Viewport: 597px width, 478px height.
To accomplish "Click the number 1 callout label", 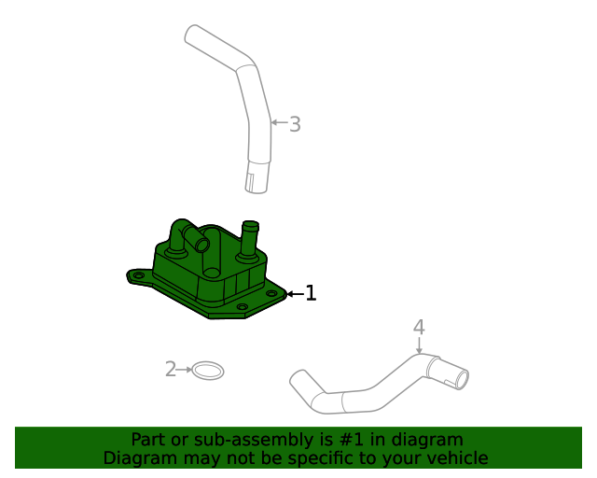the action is (311, 293).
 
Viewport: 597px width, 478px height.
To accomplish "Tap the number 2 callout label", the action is (170, 370).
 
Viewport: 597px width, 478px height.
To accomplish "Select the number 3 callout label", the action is (295, 123).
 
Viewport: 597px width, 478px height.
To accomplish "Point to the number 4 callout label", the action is (419, 327).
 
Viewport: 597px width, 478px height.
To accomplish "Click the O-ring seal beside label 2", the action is (208, 371).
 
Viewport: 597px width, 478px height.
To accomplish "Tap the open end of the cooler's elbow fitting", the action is (202, 244).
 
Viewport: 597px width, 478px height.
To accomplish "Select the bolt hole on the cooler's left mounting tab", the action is (139, 276).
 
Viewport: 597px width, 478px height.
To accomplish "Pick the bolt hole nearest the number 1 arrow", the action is (272, 293).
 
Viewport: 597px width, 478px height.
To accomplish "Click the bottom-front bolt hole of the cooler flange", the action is (242, 307).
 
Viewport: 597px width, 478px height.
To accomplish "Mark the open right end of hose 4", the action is (459, 379).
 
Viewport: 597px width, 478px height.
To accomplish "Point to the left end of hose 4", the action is (298, 379).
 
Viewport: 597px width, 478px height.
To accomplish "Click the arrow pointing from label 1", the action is (294, 294).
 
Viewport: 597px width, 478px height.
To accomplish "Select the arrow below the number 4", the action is (419, 344).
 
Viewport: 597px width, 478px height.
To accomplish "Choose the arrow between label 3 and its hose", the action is (278, 122).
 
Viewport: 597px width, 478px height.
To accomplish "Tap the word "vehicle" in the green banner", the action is (455, 457).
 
